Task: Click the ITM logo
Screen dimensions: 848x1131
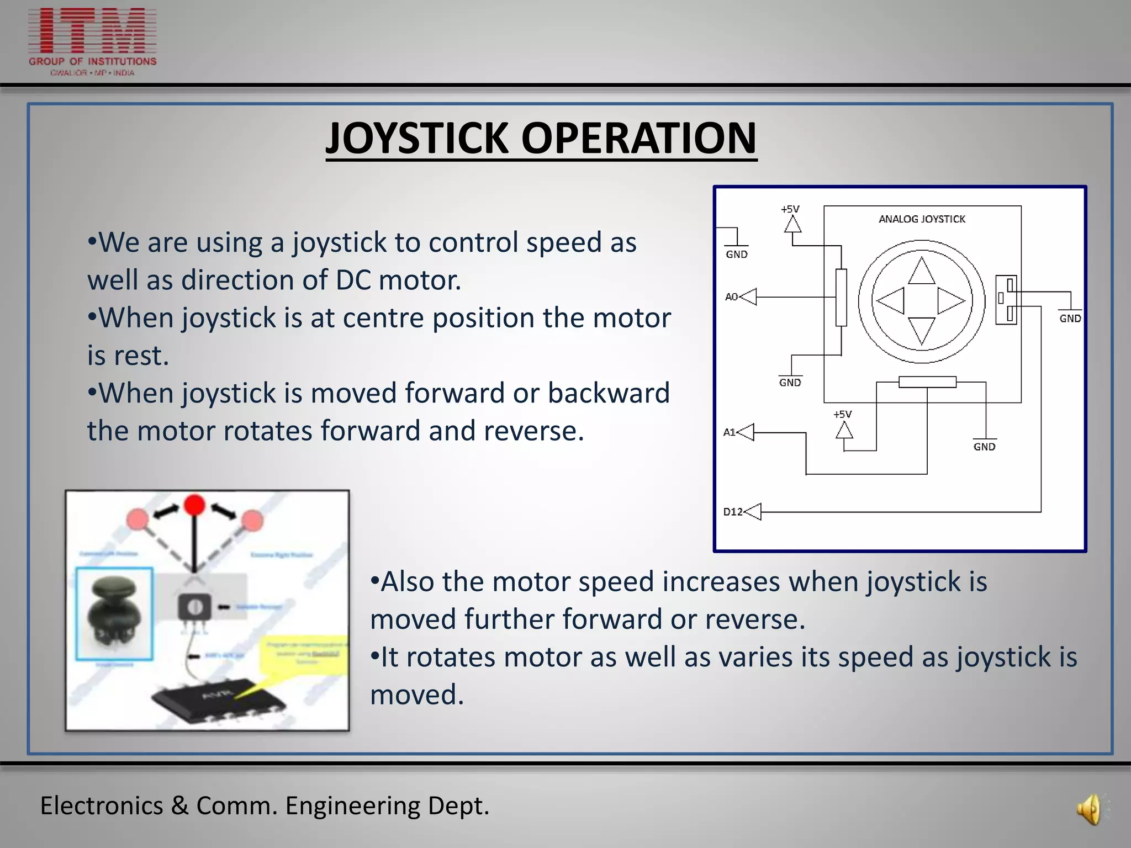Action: tap(92, 41)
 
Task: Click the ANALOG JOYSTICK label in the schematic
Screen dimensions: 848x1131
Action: tap(922, 219)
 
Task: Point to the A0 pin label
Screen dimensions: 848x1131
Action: tap(731, 297)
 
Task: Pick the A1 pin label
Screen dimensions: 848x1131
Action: tap(729, 432)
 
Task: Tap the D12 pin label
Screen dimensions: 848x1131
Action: tap(733, 512)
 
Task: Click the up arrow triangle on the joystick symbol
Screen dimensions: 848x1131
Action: tap(921, 272)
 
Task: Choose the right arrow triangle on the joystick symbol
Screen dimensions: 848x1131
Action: tap(950, 301)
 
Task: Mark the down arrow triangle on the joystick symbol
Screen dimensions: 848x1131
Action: tap(921, 330)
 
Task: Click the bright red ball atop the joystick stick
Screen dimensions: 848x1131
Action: tap(194, 505)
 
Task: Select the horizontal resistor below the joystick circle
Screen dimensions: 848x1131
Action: tap(927, 382)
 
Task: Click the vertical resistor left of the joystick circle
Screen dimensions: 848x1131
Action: tap(841, 298)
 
